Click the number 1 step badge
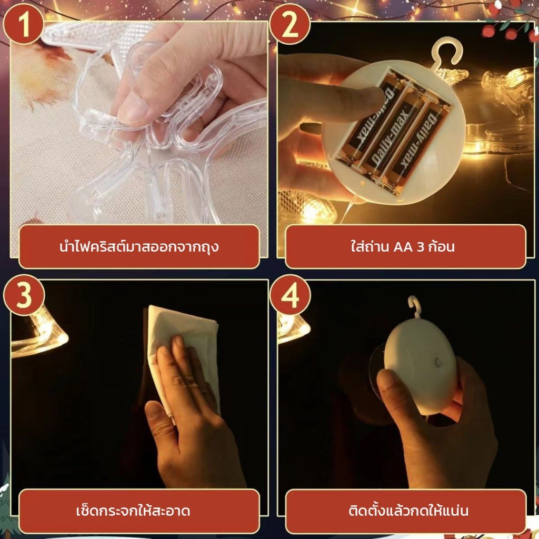click(x=23, y=24)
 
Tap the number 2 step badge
click(x=290, y=24)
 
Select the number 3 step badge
click(x=23, y=295)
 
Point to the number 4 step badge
click(x=290, y=295)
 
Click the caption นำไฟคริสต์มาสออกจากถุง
click(x=139, y=247)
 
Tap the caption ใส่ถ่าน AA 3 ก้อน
click(x=403, y=246)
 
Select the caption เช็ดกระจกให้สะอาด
click(x=133, y=511)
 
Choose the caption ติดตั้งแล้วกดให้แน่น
click(x=408, y=510)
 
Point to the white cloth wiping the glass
click(x=182, y=351)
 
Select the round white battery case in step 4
click(x=421, y=366)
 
